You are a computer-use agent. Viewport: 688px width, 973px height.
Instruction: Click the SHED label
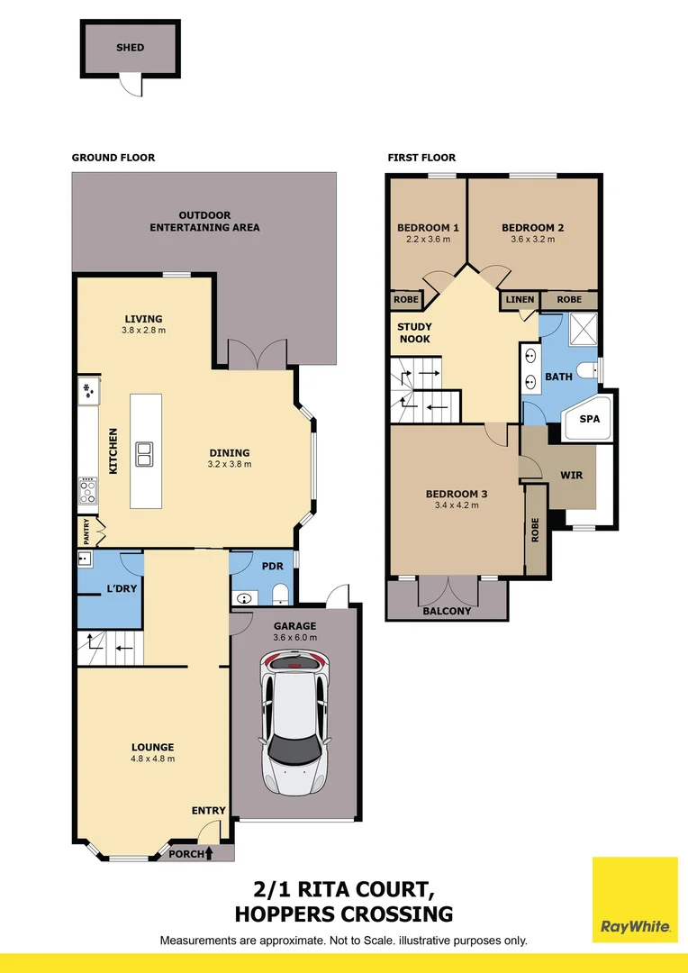coord(131,47)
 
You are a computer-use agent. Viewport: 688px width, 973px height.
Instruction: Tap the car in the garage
coord(294,722)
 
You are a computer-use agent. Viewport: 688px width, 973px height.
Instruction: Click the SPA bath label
coord(589,419)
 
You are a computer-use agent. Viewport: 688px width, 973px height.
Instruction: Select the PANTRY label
coord(86,531)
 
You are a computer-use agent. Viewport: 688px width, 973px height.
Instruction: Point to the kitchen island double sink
coord(146,453)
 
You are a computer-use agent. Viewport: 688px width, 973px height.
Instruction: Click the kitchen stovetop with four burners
coord(87,491)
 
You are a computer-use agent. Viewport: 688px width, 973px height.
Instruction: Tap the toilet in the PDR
coord(280,595)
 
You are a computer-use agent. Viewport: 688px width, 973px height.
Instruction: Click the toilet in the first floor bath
coord(587,371)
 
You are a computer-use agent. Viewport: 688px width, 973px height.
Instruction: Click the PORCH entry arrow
coord(208,853)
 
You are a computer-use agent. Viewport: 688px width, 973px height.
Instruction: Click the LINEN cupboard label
coord(520,300)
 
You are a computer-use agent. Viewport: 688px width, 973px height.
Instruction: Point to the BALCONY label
coord(447,611)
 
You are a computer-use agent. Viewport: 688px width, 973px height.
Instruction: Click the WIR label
coord(571,476)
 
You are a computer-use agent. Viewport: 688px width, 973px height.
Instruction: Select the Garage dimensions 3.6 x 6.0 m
coord(295,637)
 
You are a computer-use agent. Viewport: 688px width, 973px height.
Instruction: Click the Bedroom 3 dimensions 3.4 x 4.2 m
coord(457,505)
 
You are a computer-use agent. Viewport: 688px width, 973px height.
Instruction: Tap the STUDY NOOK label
coord(415,332)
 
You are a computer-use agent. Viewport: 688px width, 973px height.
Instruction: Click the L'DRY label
coord(122,587)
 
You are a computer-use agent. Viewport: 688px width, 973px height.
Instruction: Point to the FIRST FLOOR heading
coord(421,158)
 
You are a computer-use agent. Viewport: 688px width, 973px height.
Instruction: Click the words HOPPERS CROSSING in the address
coord(344,914)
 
